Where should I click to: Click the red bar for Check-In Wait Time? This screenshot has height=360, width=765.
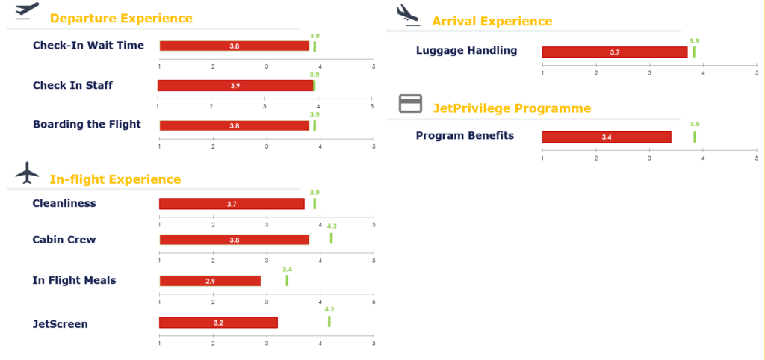point(234,46)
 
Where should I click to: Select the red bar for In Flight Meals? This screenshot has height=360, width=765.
point(210,281)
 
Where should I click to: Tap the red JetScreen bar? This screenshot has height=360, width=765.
point(218,323)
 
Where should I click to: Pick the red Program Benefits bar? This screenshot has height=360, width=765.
point(606,137)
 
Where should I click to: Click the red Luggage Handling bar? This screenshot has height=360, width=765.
point(614,52)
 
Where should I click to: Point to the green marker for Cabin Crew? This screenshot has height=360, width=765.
point(331,238)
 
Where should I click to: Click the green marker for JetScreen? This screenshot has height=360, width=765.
point(329,321)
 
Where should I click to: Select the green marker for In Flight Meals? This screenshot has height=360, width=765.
point(287,280)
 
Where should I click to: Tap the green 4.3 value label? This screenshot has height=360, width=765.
point(332,226)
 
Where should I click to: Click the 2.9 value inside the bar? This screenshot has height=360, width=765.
point(210,281)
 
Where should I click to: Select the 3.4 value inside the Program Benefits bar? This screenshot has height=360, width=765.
point(606,137)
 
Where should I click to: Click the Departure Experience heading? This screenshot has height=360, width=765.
point(121,18)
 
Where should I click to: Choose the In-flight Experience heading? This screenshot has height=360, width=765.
point(115,179)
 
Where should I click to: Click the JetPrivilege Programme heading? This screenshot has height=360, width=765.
point(512,108)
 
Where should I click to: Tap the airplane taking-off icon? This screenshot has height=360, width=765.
point(27,12)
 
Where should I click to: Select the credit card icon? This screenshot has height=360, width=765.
point(410,104)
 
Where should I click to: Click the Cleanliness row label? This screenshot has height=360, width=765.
point(64,203)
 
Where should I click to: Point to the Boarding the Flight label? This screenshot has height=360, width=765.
point(87,124)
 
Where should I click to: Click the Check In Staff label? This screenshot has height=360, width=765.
point(72,85)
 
